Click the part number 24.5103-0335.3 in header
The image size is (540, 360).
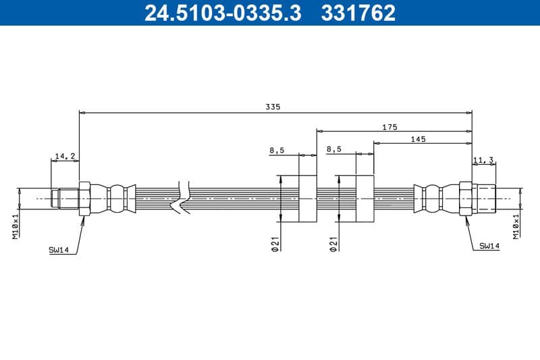[x=223, y=12]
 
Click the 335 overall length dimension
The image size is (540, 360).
[x=273, y=107]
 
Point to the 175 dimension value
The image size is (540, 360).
[x=389, y=126]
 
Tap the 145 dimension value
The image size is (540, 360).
[x=418, y=138]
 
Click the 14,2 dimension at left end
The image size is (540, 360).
[x=65, y=156]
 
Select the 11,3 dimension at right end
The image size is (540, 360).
[x=483, y=160]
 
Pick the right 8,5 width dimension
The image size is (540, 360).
[x=333, y=149]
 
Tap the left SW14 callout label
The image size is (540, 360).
[x=59, y=249]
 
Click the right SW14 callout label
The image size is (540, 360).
[x=489, y=247]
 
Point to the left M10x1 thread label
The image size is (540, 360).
[x=15, y=225]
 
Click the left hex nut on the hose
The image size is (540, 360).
[x=84, y=199]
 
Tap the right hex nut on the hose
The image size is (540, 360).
[x=465, y=199]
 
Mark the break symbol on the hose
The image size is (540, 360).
[x=181, y=199]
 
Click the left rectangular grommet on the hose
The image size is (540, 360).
[x=307, y=199]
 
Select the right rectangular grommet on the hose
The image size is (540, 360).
[x=364, y=199]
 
